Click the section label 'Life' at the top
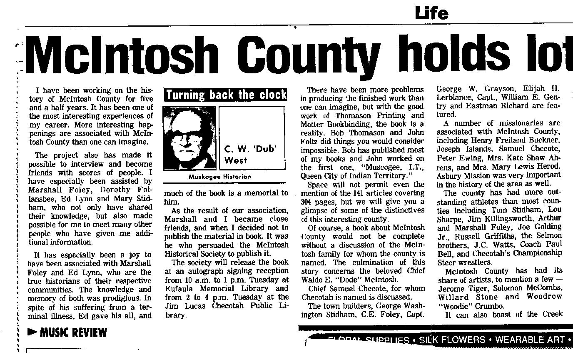(431, 13)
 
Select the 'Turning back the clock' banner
(226, 95)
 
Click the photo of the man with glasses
(189, 138)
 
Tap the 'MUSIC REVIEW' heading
(73, 333)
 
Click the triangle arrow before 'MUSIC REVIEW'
(32, 332)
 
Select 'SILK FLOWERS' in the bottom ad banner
(452, 340)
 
